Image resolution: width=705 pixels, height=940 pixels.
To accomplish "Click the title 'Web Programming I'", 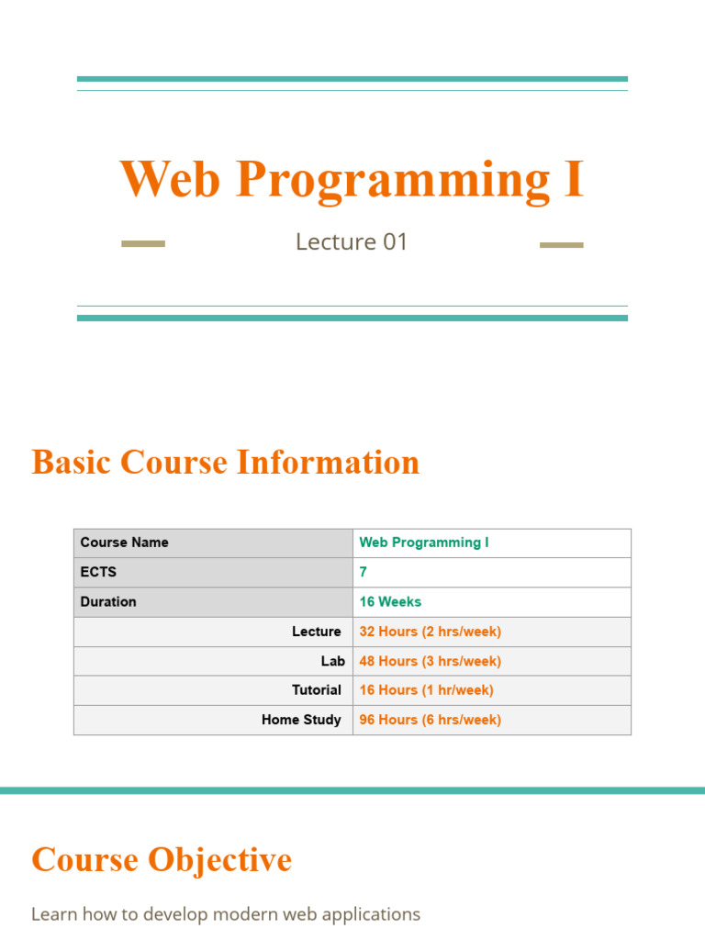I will (352, 179).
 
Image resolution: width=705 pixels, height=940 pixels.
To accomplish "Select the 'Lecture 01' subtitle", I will (352, 242).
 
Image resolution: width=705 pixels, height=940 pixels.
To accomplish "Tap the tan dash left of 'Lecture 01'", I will (143, 244).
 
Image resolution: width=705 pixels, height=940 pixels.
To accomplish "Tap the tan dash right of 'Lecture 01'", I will (561, 245).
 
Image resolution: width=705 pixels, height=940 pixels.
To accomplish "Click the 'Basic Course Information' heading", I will (225, 462).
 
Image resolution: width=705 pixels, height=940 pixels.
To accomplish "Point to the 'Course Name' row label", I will (125, 543).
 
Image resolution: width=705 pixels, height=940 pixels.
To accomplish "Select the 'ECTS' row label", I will (98, 572).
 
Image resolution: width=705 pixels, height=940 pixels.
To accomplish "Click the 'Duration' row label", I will (108, 601).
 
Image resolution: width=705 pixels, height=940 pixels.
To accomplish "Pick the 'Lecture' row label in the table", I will (316, 632).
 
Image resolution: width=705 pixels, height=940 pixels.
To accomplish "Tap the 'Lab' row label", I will (332, 661).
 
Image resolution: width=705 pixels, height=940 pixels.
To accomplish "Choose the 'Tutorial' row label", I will (316, 690).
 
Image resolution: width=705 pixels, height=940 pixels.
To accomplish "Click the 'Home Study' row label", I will (301, 720).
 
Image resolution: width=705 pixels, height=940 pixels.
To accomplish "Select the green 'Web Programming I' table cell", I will (424, 543).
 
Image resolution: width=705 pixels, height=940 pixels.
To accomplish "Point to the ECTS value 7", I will (364, 572).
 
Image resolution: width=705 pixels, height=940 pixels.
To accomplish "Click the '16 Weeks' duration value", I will (390, 601).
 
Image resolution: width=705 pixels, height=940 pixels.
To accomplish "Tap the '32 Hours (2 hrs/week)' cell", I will (430, 632).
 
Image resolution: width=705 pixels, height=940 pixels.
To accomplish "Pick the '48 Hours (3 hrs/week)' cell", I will (430, 661).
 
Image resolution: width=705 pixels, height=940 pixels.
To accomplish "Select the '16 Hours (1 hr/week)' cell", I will (426, 690).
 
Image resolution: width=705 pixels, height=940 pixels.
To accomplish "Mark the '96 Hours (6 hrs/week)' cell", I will (430, 720).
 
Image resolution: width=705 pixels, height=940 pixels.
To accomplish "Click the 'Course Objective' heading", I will (162, 860).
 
